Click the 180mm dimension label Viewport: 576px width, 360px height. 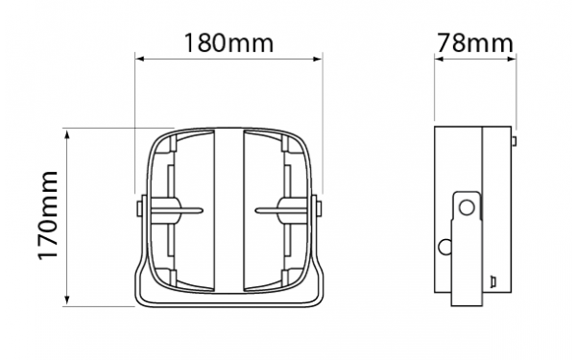click(228, 43)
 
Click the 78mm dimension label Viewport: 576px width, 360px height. click(474, 43)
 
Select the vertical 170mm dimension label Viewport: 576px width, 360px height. click(48, 215)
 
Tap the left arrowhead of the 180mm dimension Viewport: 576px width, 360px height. click(139, 59)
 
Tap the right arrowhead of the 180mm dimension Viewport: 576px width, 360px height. click(318, 59)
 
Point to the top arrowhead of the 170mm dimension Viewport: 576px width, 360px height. click(67, 133)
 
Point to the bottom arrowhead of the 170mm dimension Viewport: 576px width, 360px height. click(67, 301)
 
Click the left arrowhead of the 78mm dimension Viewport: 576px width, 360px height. click(440, 59)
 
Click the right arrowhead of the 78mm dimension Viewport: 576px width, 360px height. click(512, 59)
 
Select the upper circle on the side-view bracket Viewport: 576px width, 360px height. click(467, 207)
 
